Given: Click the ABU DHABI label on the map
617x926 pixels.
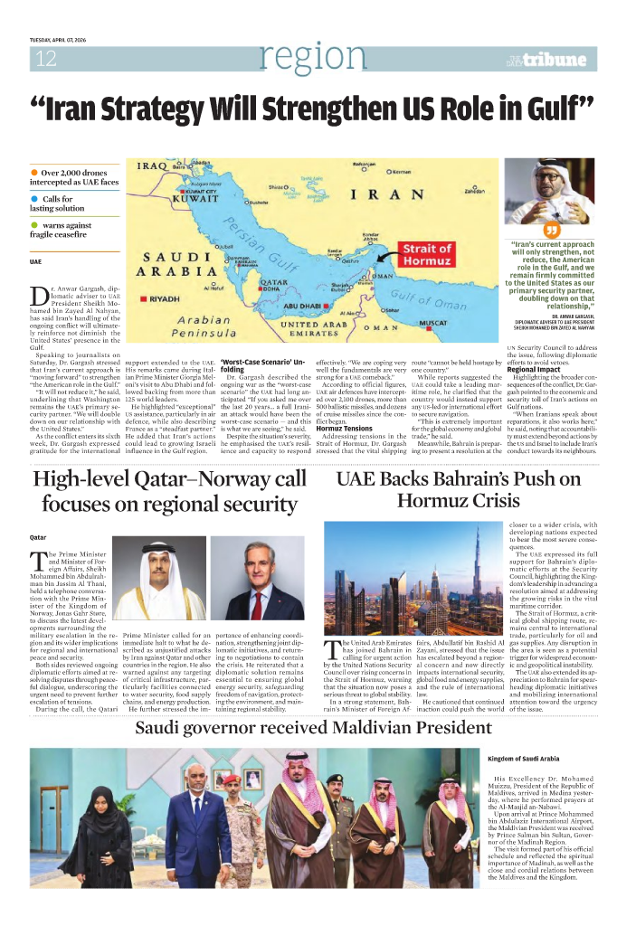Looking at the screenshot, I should [313, 306].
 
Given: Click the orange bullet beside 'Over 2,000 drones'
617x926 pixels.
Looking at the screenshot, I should [34, 172].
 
